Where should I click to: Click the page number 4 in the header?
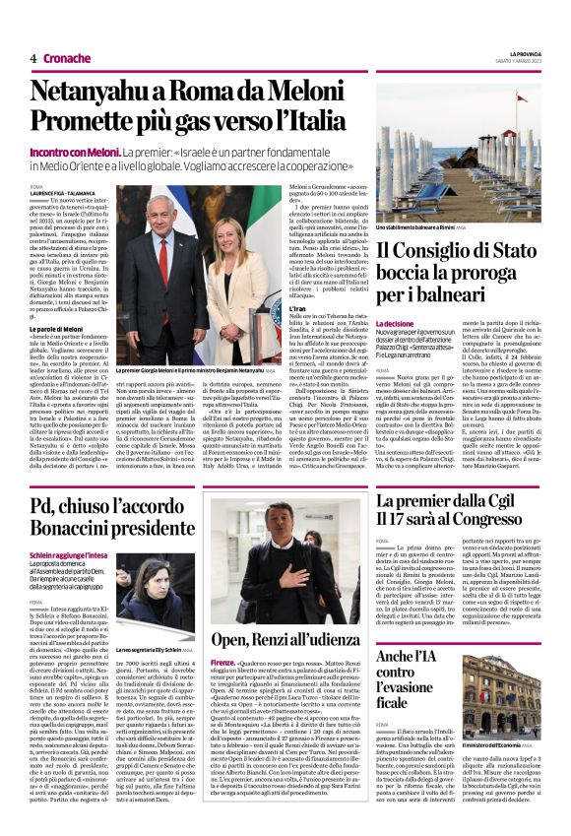(x=33, y=58)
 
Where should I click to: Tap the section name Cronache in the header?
(x=67, y=58)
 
